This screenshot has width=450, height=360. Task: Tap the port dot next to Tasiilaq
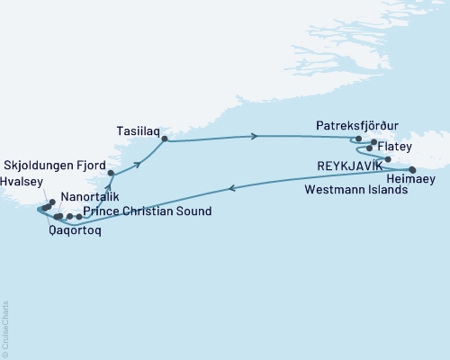click(x=164, y=139)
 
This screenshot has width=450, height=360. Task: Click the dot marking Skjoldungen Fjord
click(x=110, y=173)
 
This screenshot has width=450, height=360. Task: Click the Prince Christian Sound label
click(x=147, y=212)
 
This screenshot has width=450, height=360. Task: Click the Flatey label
click(x=395, y=145)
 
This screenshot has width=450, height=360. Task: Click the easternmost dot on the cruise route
click(x=412, y=169)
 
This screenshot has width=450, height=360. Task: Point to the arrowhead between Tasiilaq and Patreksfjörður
click(x=256, y=137)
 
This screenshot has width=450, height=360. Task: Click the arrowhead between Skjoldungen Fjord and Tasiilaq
click(x=139, y=163)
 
